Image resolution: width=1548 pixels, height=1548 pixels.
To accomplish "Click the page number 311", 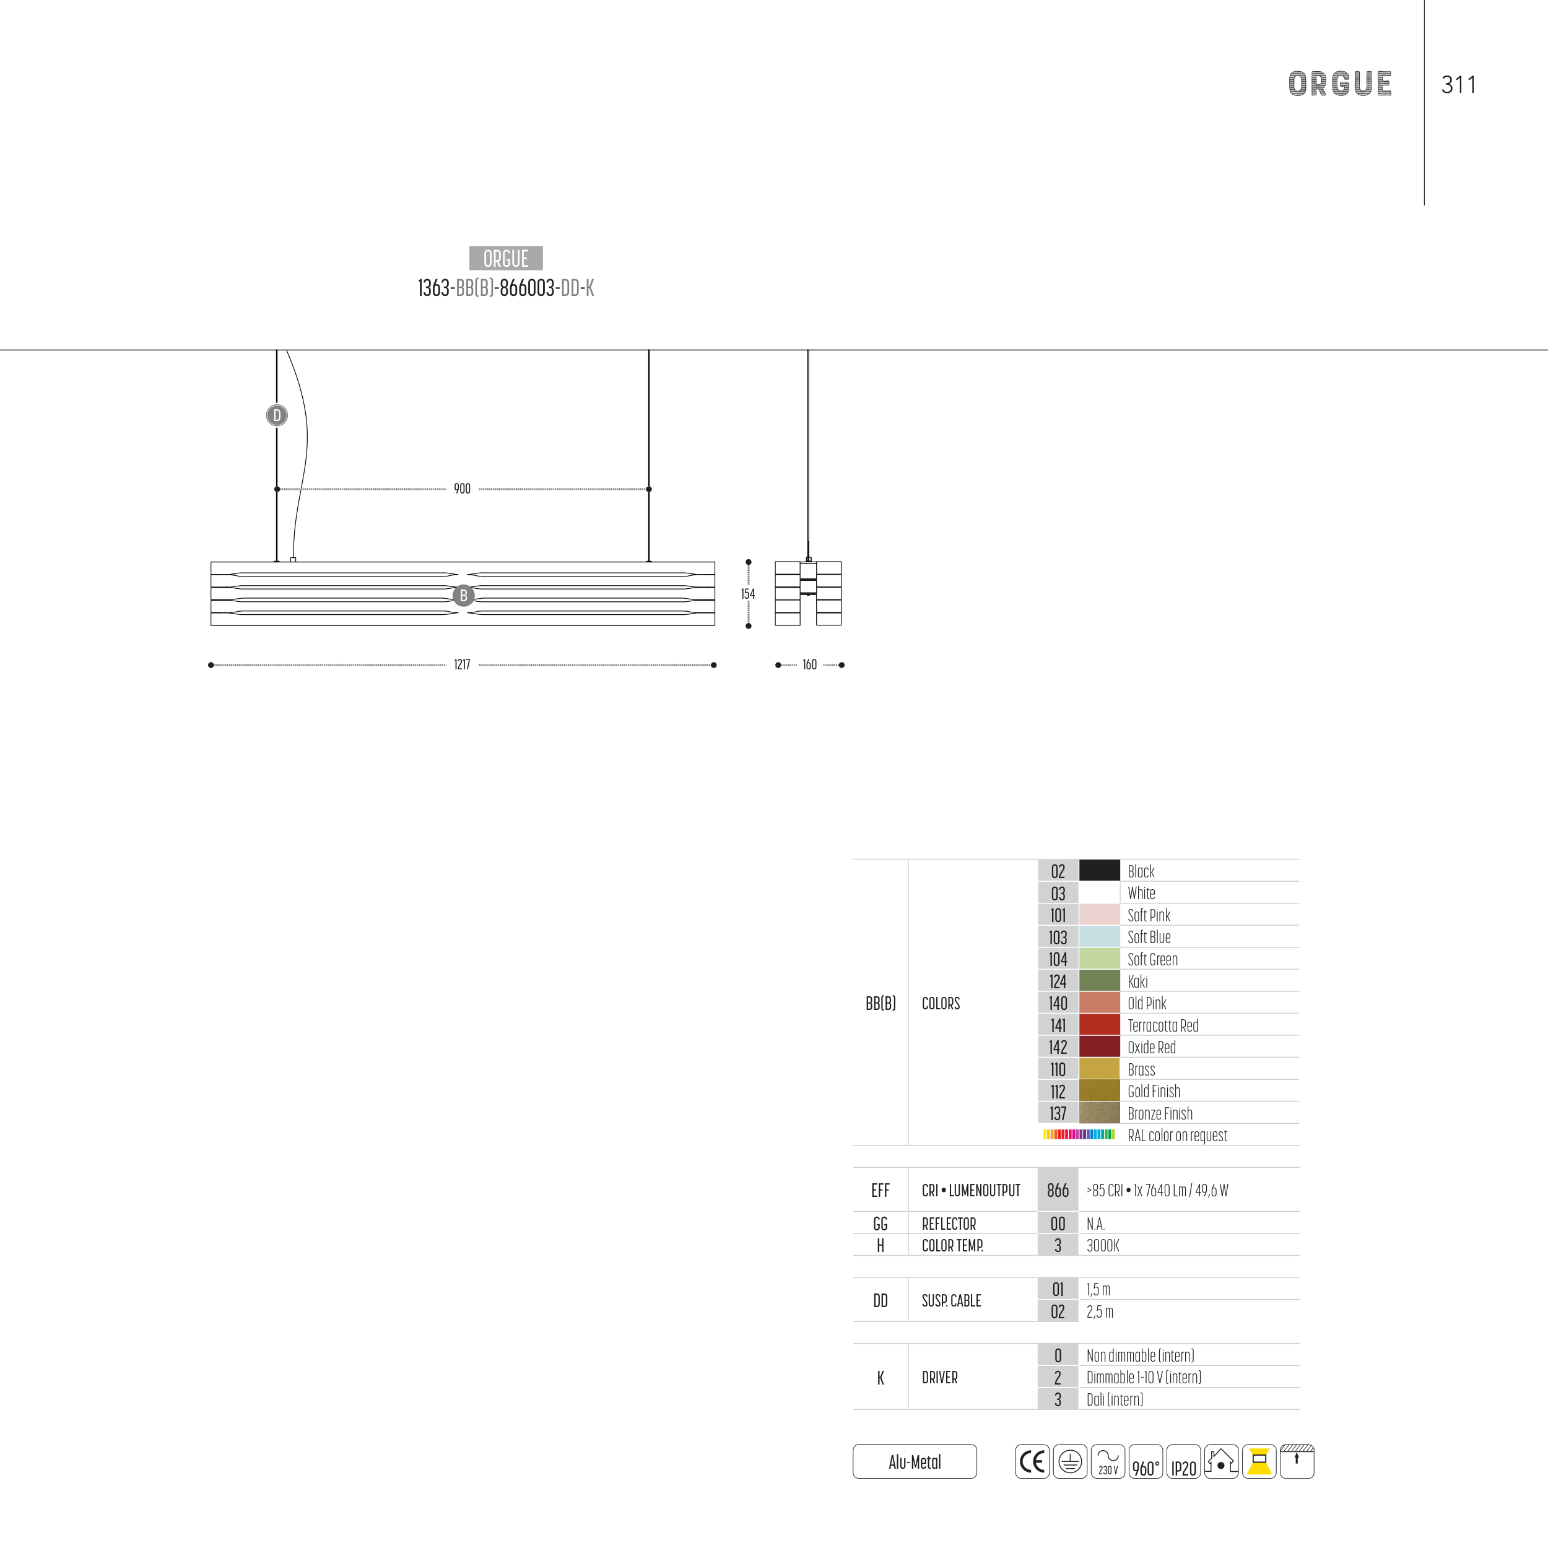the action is tap(1458, 84).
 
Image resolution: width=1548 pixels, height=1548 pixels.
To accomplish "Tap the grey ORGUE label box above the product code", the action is tap(506, 258).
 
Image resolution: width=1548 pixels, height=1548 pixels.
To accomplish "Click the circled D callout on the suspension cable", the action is tap(276, 415).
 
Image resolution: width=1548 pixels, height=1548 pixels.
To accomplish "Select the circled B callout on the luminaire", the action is tap(463, 595).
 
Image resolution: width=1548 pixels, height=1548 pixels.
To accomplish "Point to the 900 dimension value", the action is tap(463, 489).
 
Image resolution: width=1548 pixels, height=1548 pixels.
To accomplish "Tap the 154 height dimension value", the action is tap(747, 594).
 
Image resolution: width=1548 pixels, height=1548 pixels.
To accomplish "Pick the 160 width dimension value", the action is tap(809, 664).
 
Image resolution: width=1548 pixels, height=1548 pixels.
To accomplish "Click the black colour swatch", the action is tap(1099, 870).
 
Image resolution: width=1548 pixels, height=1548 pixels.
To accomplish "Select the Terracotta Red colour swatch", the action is tap(1099, 1024).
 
